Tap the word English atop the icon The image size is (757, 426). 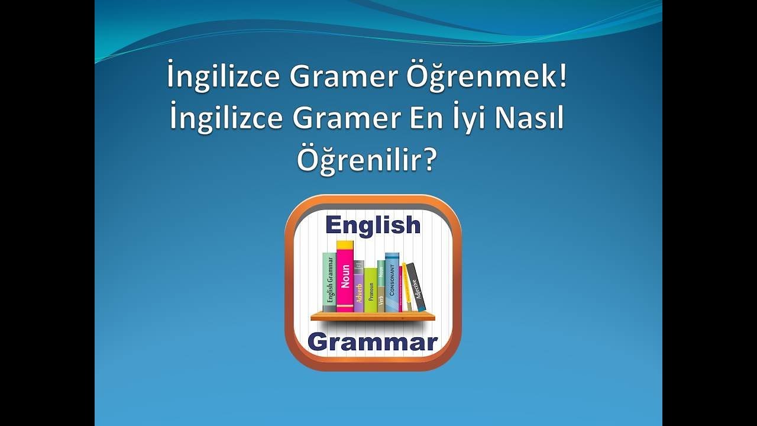click(373, 225)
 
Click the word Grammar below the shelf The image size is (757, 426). click(373, 342)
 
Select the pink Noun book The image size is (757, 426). click(345, 281)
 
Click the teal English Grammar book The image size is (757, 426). click(329, 283)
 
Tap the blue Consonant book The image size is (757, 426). click(392, 283)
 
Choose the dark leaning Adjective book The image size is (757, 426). click(416, 288)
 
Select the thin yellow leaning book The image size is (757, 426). click(406, 288)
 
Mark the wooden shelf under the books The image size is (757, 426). click(373, 317)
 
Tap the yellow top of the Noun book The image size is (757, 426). click(345, 245)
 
